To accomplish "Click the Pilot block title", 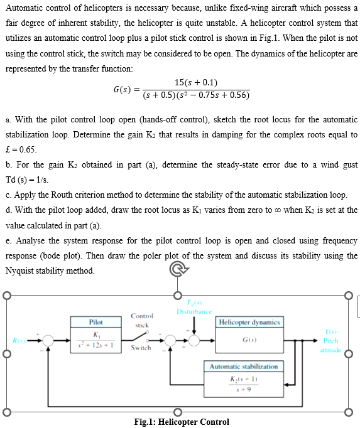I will tap(96, 321).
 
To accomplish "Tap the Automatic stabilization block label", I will tap(244, 366).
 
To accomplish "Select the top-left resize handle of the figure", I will tap(5, 295).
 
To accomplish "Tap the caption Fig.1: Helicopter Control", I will tap(182, 422).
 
